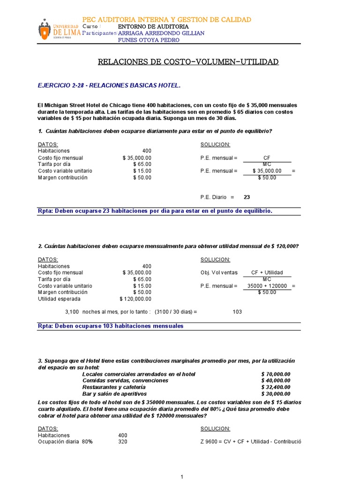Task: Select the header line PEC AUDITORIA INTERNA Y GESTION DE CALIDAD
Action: pyautogui.click(x=167, y=19)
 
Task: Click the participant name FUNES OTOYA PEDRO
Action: pyautogui.click(x=149, y=40)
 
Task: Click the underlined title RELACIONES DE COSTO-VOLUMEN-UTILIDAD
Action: pyautogui.click(x=187, y=62)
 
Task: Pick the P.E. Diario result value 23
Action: pyautogui.click(x=247, y=197)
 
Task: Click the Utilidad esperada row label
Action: pyautogui.click(x=59, y=299)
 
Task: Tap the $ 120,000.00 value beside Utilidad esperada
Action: pyautogui.click(x=135, y=299)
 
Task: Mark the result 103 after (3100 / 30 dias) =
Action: pyautogui.click(x=237, y=312)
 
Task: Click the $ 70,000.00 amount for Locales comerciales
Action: pyautogui.click(x=276, y=374)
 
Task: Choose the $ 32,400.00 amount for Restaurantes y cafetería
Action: pyautogui.click(x=276, y=387)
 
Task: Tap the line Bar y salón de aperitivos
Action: pyautogui.click(x=119, y=394)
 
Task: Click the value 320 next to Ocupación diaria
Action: pyautogui.click(x=122, y=442)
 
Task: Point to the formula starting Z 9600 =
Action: pyautogui.click(x=251, y=442)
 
